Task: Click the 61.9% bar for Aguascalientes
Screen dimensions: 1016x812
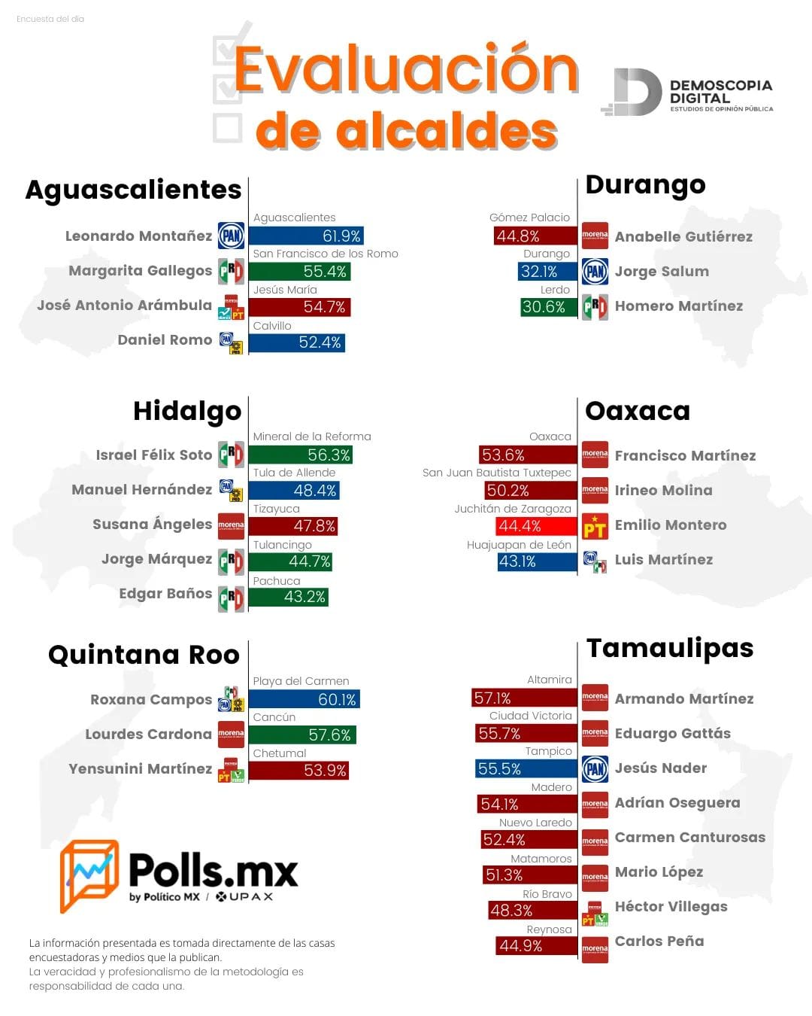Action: [306, 236]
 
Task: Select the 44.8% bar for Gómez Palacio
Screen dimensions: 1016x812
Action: [535, 236]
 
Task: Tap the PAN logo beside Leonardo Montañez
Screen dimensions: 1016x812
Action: [231, 236]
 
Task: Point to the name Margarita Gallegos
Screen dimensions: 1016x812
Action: [140, 271]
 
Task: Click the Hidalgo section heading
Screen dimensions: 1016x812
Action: [187, 411]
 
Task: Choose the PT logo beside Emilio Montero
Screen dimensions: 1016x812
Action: [595, 526]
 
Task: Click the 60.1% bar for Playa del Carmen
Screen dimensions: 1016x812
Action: [304, 699]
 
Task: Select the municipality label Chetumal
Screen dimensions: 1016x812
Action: [280, 753]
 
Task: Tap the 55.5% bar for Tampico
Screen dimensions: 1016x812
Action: [526, 768]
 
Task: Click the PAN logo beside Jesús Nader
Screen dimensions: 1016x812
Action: [595, 768]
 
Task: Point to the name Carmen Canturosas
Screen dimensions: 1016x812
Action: [689, 838]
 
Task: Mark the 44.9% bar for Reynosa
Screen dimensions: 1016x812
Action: [536, 945]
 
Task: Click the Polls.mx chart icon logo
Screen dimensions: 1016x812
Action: [89, 875]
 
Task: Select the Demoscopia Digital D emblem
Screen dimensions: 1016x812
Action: [633, 93]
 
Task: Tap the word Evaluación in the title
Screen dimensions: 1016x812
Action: [406, 69]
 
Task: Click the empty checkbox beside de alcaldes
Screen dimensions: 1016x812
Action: [227, 129]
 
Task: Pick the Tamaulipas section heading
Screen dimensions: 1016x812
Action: [669, 648]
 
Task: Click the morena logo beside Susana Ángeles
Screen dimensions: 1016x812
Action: [231, 525]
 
